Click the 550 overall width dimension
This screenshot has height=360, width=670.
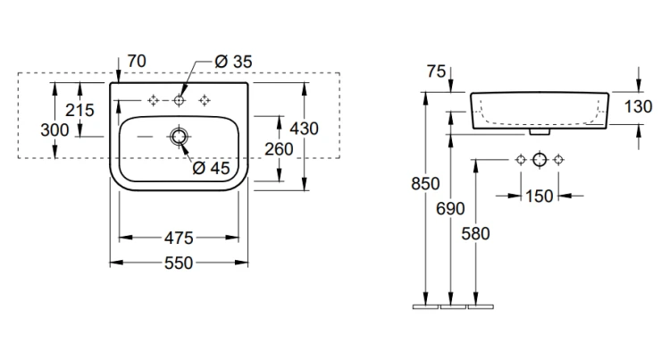tap(179, 263)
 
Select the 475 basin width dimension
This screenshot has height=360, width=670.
tap(179, 238)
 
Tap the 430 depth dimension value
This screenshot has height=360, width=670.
tap(304, 129)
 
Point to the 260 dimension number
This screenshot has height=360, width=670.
tap(279, 149)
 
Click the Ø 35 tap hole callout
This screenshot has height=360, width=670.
tap(233, 62)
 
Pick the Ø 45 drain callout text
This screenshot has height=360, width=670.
tap(211, 168)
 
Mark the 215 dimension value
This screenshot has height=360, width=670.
tap(80, 110)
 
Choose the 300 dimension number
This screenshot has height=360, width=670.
tap(54, 130)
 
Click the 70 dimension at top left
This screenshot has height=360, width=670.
tap(137, 61)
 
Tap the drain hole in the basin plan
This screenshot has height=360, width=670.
tap(179, 137)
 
